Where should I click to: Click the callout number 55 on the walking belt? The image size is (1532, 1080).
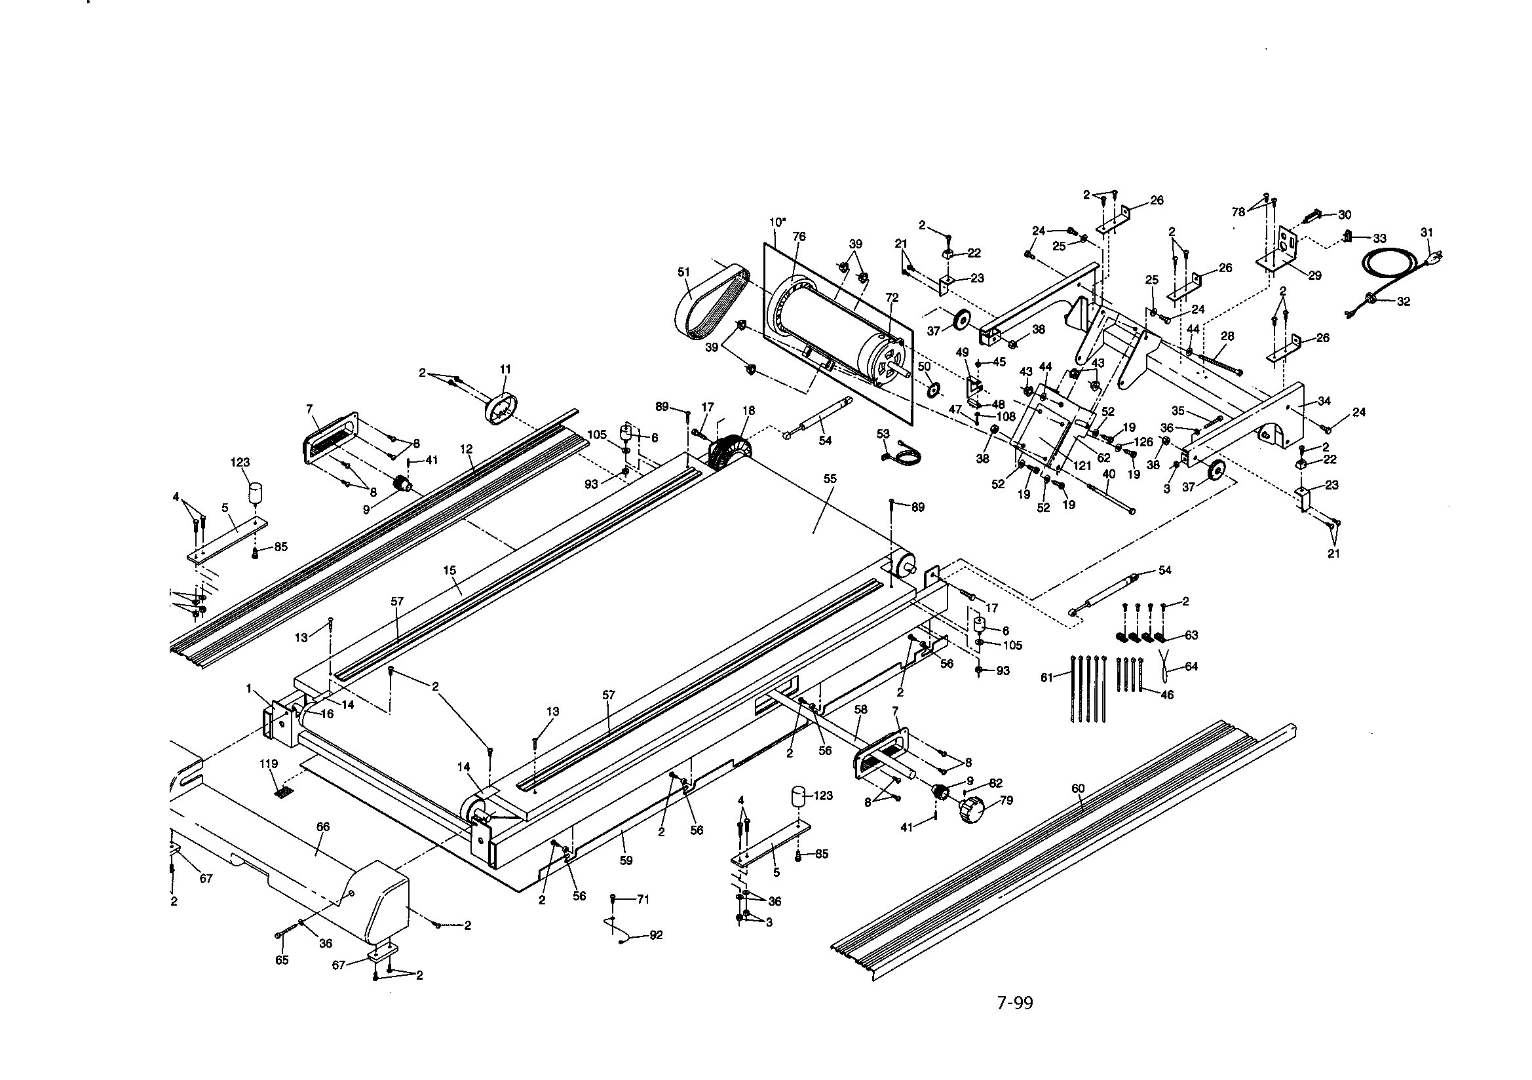pos(830,478)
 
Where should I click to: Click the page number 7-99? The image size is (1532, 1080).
pos(1014,1003)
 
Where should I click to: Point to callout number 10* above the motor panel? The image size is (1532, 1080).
pos(777,222)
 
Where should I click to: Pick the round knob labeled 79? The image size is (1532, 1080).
pos(972,811)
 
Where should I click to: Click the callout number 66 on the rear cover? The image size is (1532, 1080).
pos(322,826)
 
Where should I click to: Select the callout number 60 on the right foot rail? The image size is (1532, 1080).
pos(1078,788)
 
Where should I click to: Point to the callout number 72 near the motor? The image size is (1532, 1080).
pos(892,297)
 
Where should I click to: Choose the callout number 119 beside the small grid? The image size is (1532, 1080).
pos(268,763)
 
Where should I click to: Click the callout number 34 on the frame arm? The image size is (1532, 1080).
pos(1324,400)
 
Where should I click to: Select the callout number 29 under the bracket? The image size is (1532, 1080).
pos(1314,275)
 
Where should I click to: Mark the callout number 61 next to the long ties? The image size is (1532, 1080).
pos(1046,678)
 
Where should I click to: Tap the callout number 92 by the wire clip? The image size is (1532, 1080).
pos(656,935)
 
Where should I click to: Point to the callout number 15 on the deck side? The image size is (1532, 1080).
pos(449,570)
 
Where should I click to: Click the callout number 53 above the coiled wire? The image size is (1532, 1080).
pos(883,434)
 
